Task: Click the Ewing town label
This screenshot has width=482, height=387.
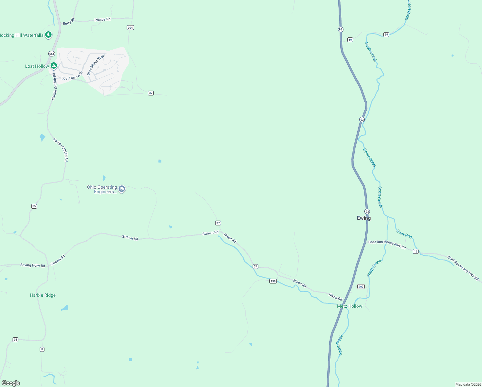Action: click(364, 218)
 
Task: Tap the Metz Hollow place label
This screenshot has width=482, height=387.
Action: click(350, 306)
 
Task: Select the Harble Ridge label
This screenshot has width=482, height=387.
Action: click(43, 295)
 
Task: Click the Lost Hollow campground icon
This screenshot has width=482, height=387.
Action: click(54, 66)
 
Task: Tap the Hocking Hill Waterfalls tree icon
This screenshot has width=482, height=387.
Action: click(48, 35)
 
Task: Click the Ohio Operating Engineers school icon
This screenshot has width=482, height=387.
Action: click(121, 189)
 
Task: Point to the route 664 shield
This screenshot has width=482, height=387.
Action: click(52, 54)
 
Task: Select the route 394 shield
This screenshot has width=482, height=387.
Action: click(130, 28)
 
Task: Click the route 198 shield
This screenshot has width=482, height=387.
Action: click(273, 281)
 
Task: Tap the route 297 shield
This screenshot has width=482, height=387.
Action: click(361, 286)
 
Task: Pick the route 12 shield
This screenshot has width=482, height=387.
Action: click(416, 252)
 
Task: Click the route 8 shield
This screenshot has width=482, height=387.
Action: click(42, 349)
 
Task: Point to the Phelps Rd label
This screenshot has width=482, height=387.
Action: click(102, 20)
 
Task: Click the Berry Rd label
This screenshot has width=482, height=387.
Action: click(69, 22)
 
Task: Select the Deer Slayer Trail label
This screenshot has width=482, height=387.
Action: click(96, 65)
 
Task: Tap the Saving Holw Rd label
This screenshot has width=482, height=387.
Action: click(33, 265)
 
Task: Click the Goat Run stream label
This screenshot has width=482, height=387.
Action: click(404, 234)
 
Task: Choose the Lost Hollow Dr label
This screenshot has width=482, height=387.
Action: click(72, 76)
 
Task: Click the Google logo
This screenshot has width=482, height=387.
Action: click(11, 383)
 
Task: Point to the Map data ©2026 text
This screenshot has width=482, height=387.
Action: click(468, 384)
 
